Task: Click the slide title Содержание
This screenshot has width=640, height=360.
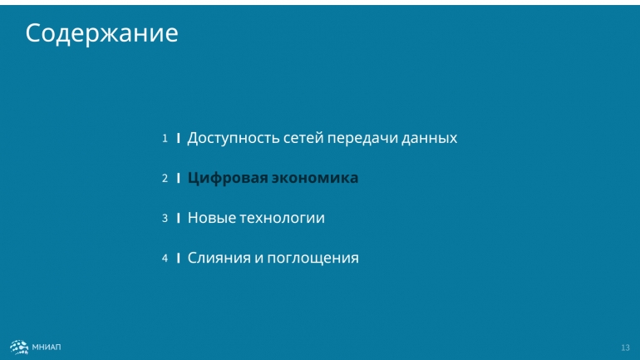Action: (101, 33)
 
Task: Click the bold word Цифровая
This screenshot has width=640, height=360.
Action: (228, 179)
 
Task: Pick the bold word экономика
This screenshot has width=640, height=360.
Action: (315, 178)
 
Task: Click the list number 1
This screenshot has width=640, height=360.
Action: (165, 138)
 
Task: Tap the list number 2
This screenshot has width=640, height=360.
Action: (165, 179)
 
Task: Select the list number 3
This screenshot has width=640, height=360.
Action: (165, 218)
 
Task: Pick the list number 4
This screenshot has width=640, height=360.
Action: (165, 258)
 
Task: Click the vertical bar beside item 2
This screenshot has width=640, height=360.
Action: (179, 179)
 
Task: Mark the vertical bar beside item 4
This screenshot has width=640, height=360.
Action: (179, 258)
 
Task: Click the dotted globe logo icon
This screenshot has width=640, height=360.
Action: (19, 347)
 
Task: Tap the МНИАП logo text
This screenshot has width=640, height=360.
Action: (47, 347)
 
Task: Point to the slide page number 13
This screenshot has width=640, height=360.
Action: (625, 348)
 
